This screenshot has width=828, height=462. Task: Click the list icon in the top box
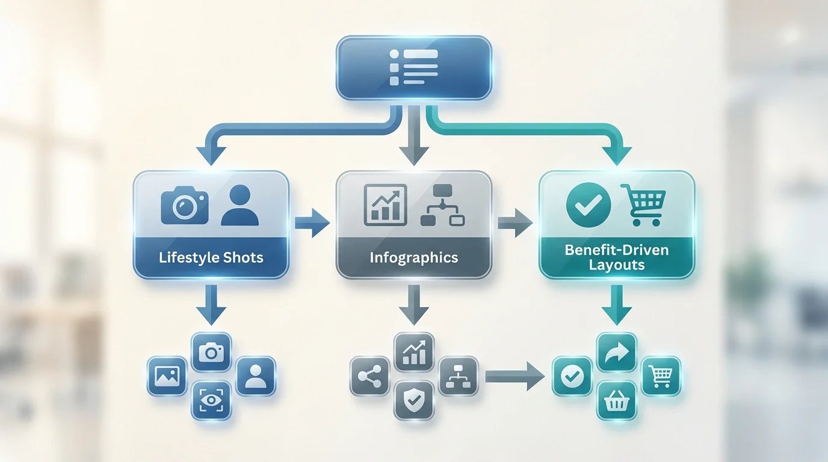point(413,67)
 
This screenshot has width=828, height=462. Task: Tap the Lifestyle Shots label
point(211,258)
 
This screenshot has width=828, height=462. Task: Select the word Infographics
point(413,258)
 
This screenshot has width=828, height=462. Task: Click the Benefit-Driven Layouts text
point(617,257)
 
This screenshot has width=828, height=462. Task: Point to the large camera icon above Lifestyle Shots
point(185,206)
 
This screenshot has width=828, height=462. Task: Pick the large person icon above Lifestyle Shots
point(239,206)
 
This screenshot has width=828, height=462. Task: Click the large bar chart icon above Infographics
point(385,205)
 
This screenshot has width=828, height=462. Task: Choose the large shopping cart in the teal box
point(643,205)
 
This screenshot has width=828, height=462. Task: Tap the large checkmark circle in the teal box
point(589,205)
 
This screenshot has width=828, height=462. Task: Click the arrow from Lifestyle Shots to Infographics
point(312,224)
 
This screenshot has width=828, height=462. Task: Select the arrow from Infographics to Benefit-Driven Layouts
point(515,224)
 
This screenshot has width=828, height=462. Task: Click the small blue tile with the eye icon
point(211,400)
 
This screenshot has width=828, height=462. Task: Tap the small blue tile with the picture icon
point(167,376)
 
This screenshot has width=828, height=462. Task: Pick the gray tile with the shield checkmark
point(413,400)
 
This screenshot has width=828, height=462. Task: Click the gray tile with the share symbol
point(369,377)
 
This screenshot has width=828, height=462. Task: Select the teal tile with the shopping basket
point(616,400)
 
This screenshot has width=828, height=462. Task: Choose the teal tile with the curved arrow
point(616,352)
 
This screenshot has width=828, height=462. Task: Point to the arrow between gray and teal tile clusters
point(515,377)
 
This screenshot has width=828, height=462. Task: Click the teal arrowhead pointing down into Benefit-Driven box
point(617,155)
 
